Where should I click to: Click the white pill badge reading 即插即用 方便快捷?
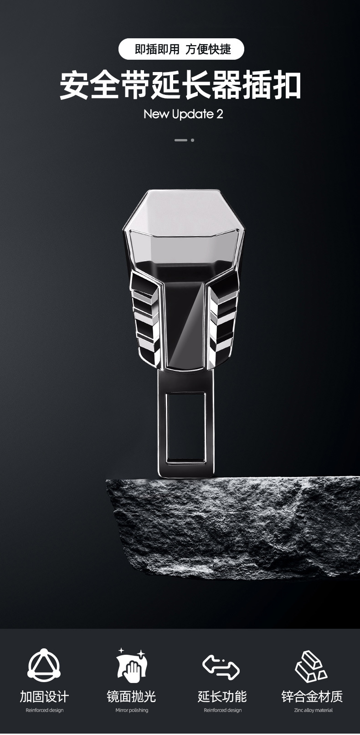(x=181, y=49)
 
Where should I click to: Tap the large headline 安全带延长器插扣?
(x=180, y=86)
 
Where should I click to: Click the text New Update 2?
(x=183, y=114)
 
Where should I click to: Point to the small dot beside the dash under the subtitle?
(x=192, y=140)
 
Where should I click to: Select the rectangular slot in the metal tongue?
(x=185, y=429)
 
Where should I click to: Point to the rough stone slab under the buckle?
(x=233, y=528)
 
